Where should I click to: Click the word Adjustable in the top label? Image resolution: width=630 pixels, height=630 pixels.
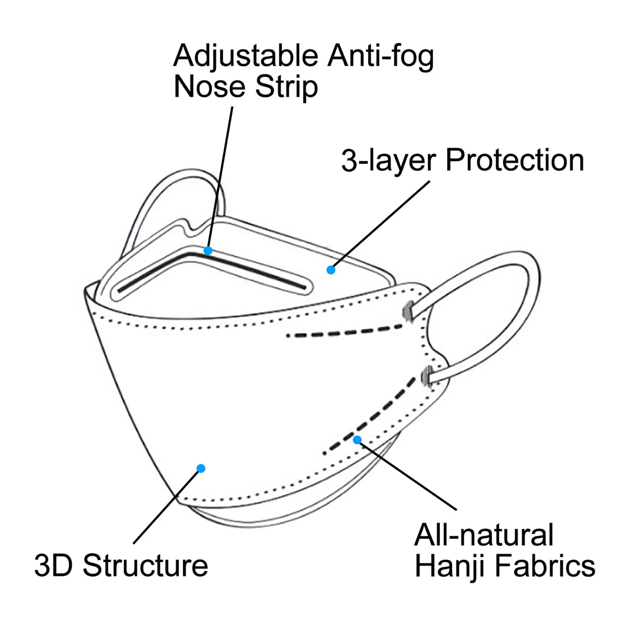coord(246,56)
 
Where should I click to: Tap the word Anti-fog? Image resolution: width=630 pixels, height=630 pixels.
coord(381,56)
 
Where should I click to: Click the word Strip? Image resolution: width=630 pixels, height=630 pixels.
coord(286,88)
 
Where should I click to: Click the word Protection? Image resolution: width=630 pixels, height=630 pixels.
coord(515,161)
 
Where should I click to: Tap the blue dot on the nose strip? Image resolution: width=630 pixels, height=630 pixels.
coord(208,250)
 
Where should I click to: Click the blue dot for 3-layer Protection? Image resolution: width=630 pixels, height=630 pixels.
coord(331,270)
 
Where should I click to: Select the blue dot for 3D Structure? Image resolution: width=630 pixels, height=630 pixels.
coord(201,468)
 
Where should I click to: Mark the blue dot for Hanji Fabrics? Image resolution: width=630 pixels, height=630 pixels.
coord(357,440)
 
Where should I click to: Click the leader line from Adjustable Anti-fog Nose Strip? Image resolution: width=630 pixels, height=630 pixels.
coord(220,177)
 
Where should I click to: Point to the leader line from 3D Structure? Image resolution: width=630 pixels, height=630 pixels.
coord(167,506)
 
